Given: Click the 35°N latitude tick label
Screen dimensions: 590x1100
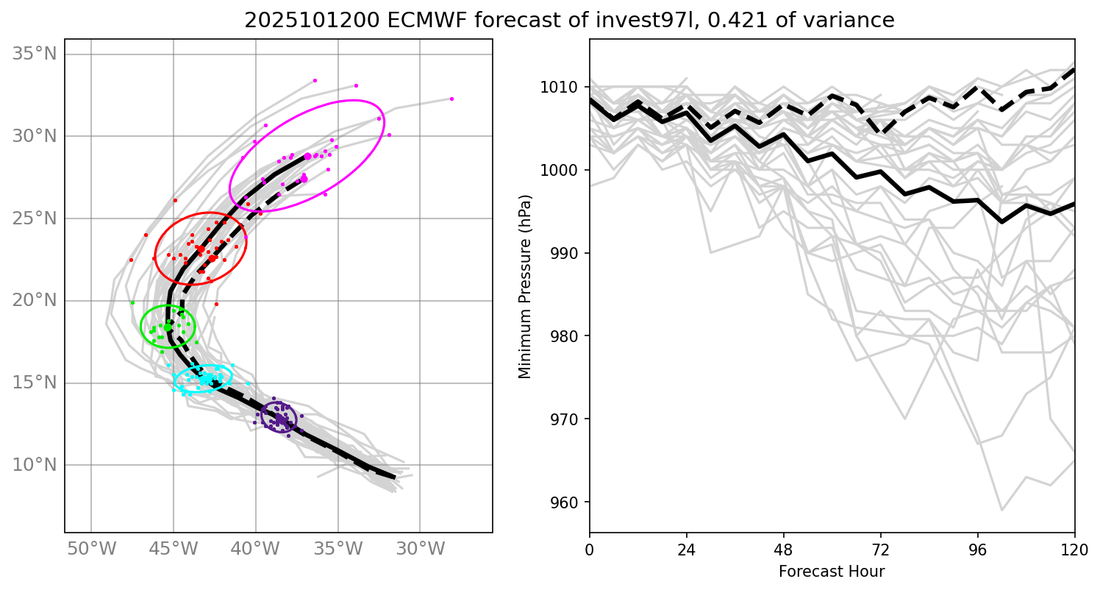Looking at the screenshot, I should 35,54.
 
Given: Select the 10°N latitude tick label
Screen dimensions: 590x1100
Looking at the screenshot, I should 35,465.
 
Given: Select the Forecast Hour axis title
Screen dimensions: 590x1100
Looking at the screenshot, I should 832,571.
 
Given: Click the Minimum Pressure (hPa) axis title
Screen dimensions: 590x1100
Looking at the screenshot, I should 525,287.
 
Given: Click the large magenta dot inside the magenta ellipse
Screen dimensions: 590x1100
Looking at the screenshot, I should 307,156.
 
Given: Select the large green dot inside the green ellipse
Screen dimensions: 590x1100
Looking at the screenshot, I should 168,327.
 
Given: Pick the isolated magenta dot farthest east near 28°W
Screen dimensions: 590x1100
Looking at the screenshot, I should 451,99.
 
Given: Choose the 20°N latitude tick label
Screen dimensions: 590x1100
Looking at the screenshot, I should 35,300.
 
